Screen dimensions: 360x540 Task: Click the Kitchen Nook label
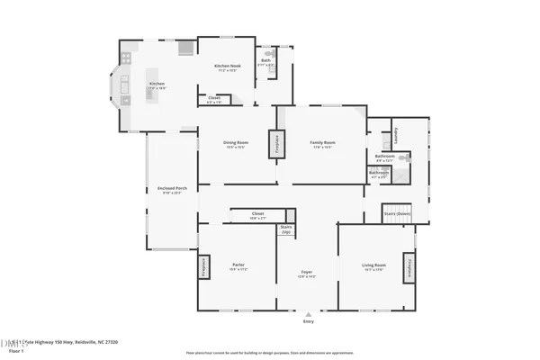click(227, 66)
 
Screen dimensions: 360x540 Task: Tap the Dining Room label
click(236, 143)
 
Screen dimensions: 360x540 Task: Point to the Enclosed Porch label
click(171, 187)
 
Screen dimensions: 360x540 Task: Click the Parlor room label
click(238, 264)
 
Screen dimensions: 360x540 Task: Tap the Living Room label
click(374, 265)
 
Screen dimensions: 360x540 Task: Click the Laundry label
click(396, 136)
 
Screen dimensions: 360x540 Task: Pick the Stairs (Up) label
click(286, 229)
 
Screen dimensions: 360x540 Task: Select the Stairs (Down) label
click(397, 214)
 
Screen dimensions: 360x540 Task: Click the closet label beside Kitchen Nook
click(214, 98)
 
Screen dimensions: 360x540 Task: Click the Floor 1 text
click(15, 351)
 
